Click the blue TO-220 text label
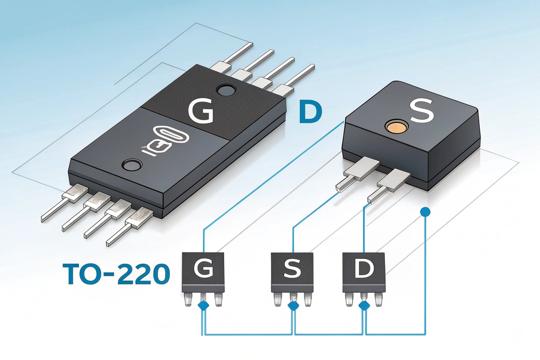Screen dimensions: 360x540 point(116,274)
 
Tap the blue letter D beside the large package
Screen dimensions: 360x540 point(310,112)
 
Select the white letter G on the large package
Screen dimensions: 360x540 point(201,111)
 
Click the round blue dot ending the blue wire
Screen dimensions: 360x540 point(425,212)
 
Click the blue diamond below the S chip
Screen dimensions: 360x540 point(293,306)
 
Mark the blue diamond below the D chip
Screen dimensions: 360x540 point(364,305)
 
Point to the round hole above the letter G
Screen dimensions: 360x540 point(226,90)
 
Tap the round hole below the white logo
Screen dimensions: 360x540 point(131,164)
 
